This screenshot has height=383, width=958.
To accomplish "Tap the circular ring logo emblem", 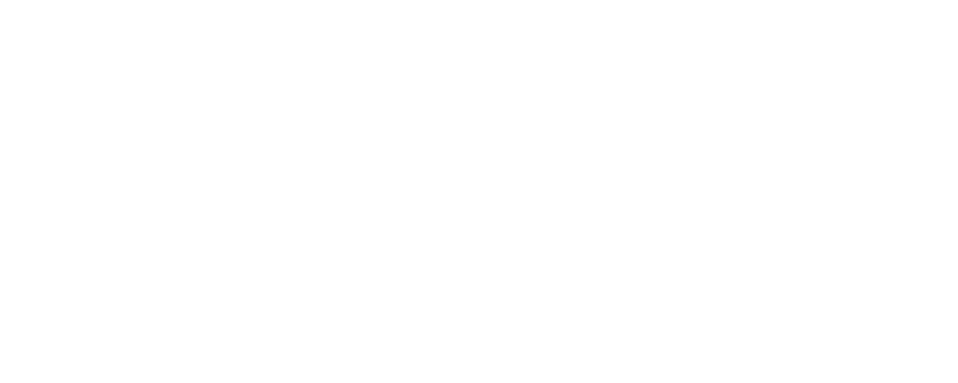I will pyautogui.click(x=887, y=176).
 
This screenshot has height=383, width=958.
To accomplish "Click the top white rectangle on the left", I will pyautogui.click(x=63, y=49).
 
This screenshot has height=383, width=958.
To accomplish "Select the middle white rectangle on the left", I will pyautogui.click(x=63, y=191).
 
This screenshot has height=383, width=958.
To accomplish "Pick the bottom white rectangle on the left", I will pyautogui.click(x=63, y=333).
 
